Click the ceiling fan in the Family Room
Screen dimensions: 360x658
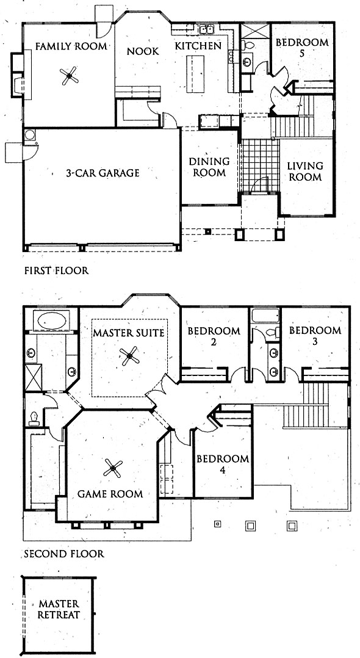point(69,76)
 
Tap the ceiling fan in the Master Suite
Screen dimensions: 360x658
point(129,356)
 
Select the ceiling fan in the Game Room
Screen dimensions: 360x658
point(113,468)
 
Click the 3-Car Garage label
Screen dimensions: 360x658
point(103,173)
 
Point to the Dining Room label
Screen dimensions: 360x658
point(209,167)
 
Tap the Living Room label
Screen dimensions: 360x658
point(305,171)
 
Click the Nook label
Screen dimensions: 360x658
point(143,51)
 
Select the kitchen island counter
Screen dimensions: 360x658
point(195,74)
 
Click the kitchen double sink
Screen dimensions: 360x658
point(206,29)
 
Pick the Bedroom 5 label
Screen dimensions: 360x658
point(301,48)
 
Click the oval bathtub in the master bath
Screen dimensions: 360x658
point(52,321)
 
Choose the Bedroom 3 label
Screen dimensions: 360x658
point(315,335)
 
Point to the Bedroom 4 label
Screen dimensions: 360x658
point(223,464)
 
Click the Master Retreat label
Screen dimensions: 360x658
point(59,610)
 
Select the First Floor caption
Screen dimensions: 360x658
point(56,270)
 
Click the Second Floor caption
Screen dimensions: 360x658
point(64,554)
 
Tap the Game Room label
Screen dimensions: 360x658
point(110,494)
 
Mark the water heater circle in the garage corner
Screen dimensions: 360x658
point(29,135)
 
